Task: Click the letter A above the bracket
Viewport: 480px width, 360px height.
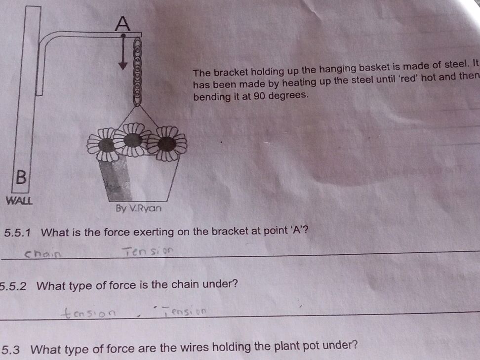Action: point(123,23)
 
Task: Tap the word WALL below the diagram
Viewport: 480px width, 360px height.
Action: point(19,200)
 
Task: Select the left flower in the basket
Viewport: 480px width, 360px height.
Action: point(106,144)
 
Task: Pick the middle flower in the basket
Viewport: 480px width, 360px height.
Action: point(133,140)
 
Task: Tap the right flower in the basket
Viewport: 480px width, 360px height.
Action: point(166,143)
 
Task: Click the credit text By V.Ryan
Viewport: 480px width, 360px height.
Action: point(139,208)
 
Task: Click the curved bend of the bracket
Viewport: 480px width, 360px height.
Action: point(47,40)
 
